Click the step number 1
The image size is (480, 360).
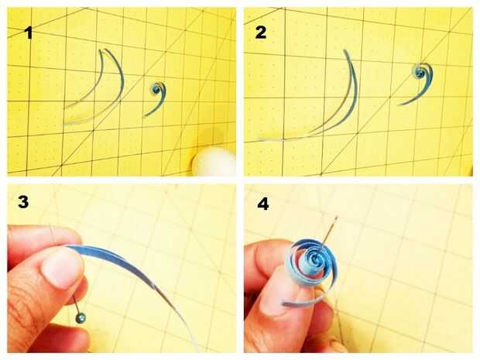29,33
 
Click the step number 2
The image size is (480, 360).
260,33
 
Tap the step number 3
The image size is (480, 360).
23,202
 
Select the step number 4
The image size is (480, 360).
263,204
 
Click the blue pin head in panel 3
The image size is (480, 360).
81,318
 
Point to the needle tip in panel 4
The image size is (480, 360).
337,218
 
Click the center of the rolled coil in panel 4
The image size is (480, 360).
315,260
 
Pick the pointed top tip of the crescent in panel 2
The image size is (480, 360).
345,50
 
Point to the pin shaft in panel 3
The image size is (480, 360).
76,303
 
